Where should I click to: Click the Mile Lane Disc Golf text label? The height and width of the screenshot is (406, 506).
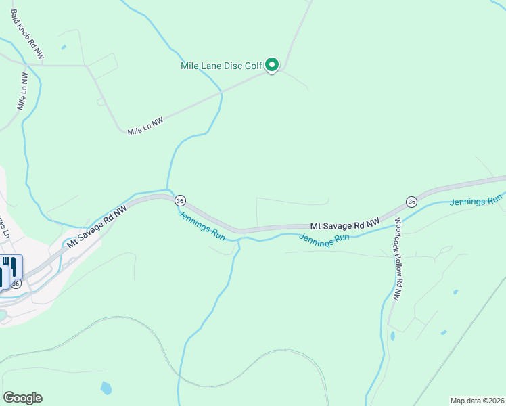click(221, 66)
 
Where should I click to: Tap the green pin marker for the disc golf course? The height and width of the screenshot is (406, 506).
click(272, 65)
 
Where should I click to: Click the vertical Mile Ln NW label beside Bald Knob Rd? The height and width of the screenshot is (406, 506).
click(22, 91)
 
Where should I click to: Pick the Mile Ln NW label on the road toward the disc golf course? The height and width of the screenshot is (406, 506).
click(145, 126)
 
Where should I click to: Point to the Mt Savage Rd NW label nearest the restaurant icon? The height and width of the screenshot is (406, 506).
click(96, 228)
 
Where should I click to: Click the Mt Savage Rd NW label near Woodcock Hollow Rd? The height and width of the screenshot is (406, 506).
click(345, 223)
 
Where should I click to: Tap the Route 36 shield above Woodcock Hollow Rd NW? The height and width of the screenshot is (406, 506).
click(411, 201)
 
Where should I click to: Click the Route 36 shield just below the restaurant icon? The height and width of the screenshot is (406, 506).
click(16, 284)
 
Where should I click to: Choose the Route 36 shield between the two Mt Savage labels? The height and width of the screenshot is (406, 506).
click(180, 200)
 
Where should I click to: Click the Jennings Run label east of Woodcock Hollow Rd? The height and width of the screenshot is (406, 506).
click(476, 200)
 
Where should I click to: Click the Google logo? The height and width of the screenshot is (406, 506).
click(22, 398)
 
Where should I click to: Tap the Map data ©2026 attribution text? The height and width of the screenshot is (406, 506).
click(477, 400)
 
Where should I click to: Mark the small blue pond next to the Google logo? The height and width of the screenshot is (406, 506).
click(106, 388)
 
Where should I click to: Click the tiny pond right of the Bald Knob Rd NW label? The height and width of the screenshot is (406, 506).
click(64, 47)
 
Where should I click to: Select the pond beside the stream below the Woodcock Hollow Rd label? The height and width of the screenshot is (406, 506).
click(392, 335)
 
